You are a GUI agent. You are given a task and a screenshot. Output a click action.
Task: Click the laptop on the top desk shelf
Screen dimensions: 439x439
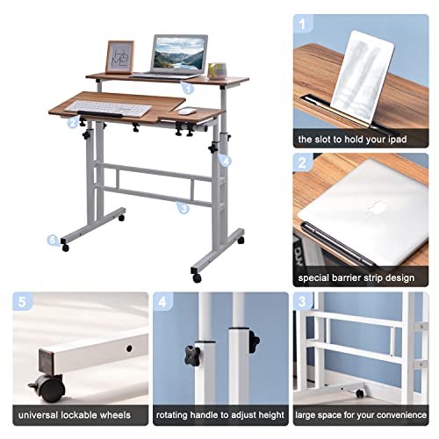[x=181, y=56]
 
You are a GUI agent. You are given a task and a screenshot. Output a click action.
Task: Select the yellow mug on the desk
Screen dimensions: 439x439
[x=219, y=68]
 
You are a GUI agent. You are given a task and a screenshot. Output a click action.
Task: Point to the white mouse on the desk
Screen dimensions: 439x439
[x=187, y=112]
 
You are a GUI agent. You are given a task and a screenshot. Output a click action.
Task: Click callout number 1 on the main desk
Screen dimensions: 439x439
[x=188, y=86]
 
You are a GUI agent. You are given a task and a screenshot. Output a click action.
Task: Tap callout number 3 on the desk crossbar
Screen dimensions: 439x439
[x=183, y=208]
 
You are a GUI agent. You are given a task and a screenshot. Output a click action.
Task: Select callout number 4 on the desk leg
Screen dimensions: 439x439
[x=226, y=161]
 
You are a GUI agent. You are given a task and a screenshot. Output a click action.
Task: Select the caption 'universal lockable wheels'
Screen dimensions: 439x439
[x=75, y=414]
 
